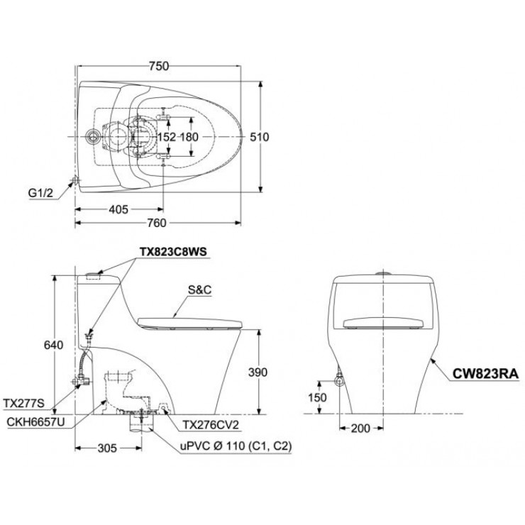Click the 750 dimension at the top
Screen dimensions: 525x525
[x=160, y=66]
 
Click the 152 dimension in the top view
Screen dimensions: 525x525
[x=166, y=137]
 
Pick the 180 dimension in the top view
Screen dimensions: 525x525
[x=189, y=137]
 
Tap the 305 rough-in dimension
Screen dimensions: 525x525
[x=106, y=448]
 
